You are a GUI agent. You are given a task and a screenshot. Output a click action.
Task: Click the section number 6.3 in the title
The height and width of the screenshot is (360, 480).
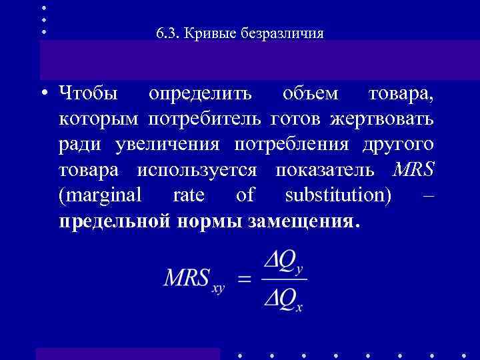164,33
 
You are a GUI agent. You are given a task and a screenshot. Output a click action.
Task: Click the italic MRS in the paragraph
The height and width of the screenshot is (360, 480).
413,169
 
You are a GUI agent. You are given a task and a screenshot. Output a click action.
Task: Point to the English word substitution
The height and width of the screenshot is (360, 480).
337,195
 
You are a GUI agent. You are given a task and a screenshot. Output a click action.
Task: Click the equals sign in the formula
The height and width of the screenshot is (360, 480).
245,279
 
